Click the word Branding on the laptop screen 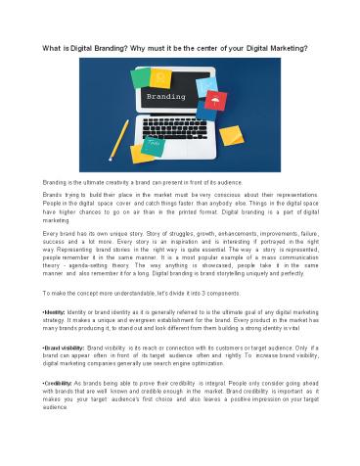(179, 99)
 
